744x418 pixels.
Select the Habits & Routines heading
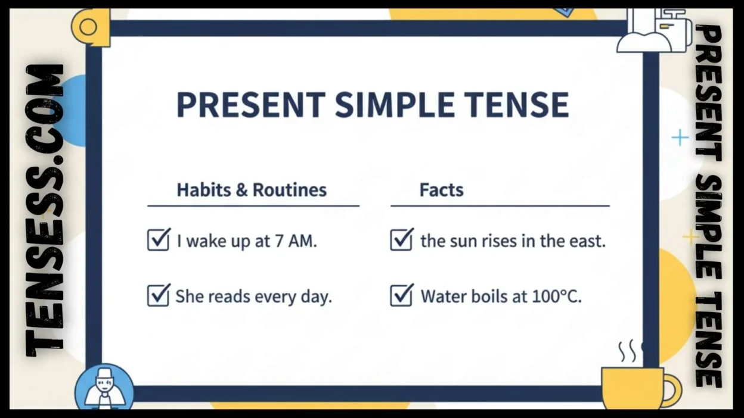252,190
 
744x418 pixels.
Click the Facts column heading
441,190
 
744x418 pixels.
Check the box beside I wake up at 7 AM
159,240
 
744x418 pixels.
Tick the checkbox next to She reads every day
159,295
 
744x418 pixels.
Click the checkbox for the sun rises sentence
402,240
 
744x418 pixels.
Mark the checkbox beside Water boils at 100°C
402,295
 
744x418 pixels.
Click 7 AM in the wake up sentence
296,241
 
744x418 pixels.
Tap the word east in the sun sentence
587,241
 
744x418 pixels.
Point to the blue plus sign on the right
680,138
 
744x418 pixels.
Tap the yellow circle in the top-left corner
89,27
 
